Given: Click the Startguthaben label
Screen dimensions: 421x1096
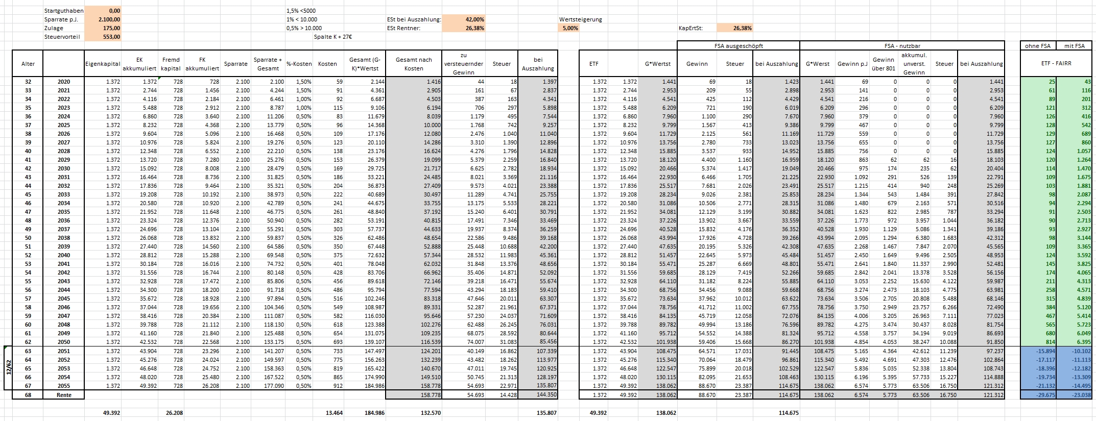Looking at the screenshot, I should click(x=64, y=11).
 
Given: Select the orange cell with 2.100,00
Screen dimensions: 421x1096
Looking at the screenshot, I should click(x=103, y=19).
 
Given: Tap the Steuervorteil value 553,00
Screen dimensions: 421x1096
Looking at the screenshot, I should click(x=103, y=37).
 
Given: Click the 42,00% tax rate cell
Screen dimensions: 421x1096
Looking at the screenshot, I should click(x=463, y=19).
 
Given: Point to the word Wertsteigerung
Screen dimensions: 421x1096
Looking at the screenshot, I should click(x=581, y=19).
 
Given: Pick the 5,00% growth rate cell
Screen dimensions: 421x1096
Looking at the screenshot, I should click(x=569, y=28).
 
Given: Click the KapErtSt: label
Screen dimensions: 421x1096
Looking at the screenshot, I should click(x=691, y=28).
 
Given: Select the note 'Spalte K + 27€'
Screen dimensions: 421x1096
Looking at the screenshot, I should click(x=333, y=37).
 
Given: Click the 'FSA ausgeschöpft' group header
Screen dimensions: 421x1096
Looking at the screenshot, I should click(x=738, y=46).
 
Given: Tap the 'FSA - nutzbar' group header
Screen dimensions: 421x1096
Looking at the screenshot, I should click(x=902, y=46).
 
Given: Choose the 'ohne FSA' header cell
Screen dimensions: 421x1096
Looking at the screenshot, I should click(x=1038, y=46).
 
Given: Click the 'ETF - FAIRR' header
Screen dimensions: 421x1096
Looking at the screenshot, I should click(x=1056, y=64).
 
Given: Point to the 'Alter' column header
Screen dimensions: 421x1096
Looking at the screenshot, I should click(x=28, y=64).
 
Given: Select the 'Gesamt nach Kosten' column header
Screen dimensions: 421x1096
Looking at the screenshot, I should click(x=414, y=64).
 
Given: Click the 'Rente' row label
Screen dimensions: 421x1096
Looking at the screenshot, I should click(x=64, y=395).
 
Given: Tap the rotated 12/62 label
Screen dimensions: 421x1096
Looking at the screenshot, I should click(x=8, y=368).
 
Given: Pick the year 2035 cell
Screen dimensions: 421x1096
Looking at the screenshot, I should click(x=64, y=212).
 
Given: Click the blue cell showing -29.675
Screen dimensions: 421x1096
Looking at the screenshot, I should click(x=1038, y=395).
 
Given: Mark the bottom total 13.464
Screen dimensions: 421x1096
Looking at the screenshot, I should click(x=334, y=413).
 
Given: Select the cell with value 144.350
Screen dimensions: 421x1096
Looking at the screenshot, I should click(x=538, y=395).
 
